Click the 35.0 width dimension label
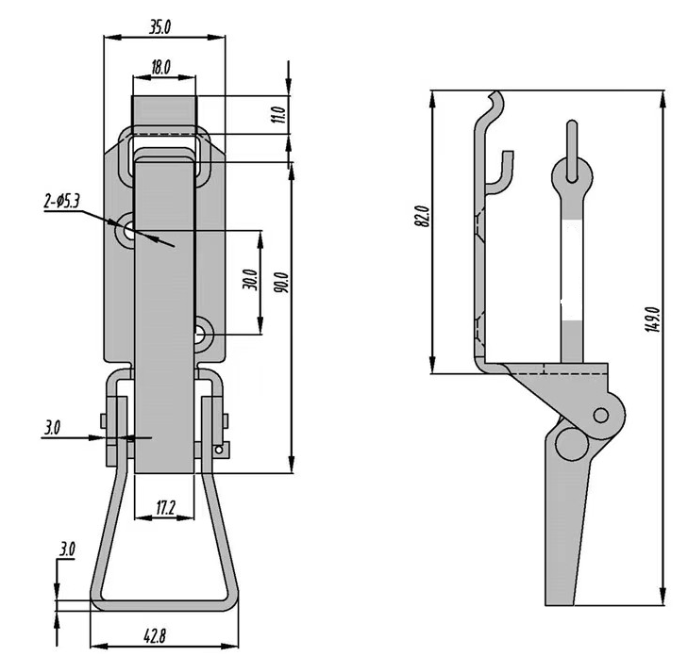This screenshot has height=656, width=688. pos(159,26)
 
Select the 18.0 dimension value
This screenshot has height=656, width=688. pos(159,67)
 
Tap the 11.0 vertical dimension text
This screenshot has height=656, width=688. pos(277,116)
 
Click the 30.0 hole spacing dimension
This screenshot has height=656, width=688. pos(248,282)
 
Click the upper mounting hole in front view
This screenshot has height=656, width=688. pos(127,230)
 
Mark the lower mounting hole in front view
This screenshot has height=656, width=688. pos(204,332)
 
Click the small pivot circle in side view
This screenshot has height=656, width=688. pos(599,415)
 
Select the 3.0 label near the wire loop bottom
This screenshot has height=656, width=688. pos(67,549)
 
